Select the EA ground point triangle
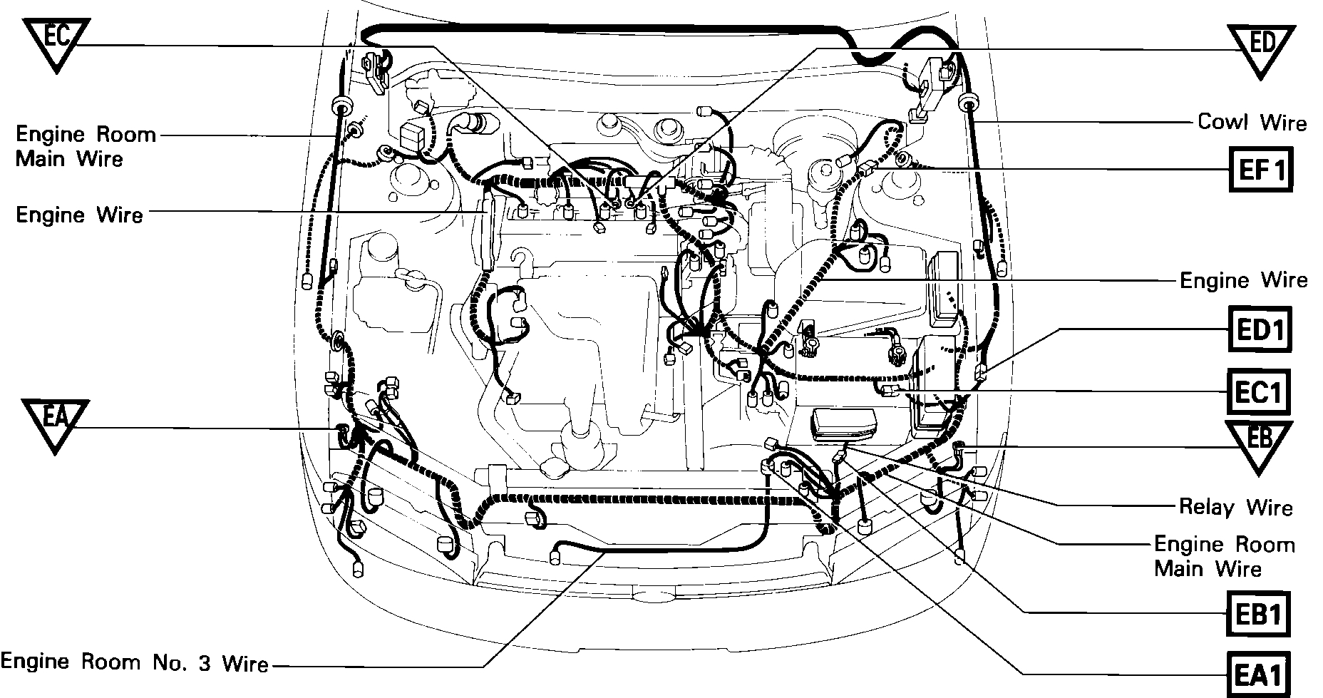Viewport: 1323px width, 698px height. point(56,423)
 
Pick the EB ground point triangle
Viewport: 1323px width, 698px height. point(1259,443)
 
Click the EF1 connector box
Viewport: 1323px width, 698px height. point(1260,170)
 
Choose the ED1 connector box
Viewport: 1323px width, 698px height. point(1260,329)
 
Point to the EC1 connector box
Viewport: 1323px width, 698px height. point(1259,392)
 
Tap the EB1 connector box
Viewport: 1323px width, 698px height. point(1259,614)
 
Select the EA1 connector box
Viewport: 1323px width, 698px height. point(1259,673)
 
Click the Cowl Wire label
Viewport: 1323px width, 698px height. point(1252,123)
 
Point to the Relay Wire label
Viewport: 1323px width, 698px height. point(1235,507)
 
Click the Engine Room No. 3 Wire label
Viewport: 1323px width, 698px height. point(135,662)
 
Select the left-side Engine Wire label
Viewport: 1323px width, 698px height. point(79,214)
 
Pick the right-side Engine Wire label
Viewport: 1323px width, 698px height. point(1244,280)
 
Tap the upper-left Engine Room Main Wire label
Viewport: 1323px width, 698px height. point(86,145)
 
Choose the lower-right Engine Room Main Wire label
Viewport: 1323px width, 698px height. point(1224,556)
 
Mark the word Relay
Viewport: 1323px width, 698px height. point(1206,507)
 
